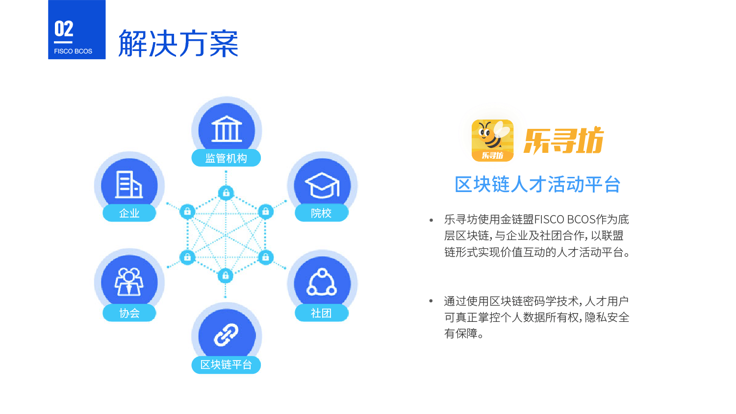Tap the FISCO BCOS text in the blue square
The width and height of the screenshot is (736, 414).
pyautogui.click(x=73, y=51)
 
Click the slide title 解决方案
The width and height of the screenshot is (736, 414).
pyautogui.click(x=178, y=43)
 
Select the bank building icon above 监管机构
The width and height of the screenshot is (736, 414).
pyautogui.click(x=227, y=129)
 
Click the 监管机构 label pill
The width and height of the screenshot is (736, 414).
pyautogui.click(x=226, y=158)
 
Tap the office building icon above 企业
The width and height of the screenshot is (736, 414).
pyautogui.click(x=129, y=185)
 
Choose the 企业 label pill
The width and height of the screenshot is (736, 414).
pyautogui.click(x=129, y=213)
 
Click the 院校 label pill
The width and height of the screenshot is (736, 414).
pyautogui.click(x=321, y=213)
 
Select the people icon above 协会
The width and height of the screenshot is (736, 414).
pyautogui.click(x=129, y=282)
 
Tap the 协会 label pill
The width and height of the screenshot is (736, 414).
pyautogui.click(x=129, y=313)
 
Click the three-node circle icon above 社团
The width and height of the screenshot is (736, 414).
pyautogui.click(x=322, y=282)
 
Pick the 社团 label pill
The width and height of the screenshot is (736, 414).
pyautogui.click(x=321, y=313)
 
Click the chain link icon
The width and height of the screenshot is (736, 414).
pyautogui.click(x=226, y=335)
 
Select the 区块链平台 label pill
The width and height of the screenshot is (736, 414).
pyautogui.click(x=226, y=365)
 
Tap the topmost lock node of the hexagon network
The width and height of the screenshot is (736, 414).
pyautogui.click(x=226, y=193)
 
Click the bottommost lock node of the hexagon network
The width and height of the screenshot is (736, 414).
pyautogui.click(x=226, y=276)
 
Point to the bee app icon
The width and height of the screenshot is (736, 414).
pyautogui.click(x=492, y=140)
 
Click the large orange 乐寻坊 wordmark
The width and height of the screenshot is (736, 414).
pyautogui.click(x=564, y=141)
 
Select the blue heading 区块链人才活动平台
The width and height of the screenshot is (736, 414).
pyautogui.click(x=537, y=184)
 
